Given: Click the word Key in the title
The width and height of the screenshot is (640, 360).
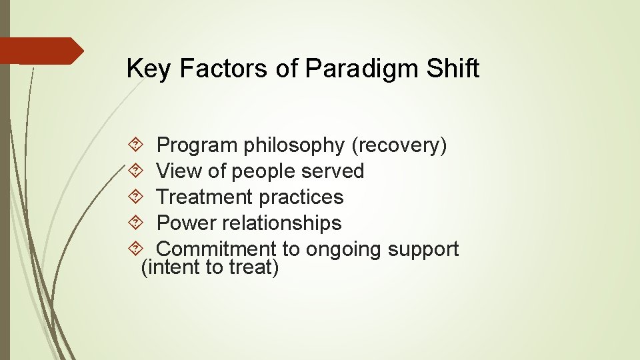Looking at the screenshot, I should pos(148,69).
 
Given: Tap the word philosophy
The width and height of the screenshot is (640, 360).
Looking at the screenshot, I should pos(294,145).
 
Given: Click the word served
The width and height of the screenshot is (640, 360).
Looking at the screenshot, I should pos(333,171).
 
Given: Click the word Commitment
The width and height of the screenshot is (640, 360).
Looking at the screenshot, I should pos(216,249).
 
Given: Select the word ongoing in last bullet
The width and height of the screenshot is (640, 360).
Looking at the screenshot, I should pos(344,249).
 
